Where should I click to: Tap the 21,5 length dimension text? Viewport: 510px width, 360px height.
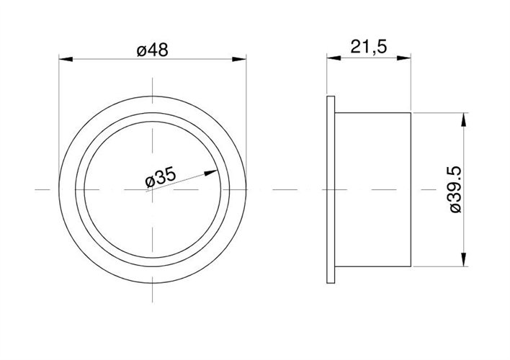tap(368, 47)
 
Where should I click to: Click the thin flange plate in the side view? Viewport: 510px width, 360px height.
tap(331, 189)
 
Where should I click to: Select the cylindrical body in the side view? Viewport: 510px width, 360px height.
tap(373, 189)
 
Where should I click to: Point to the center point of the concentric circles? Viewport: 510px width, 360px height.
tap(153, 189)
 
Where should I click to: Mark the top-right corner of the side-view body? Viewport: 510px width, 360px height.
tap(411, 112)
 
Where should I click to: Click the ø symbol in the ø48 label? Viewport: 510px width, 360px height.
tap(142, 50)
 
